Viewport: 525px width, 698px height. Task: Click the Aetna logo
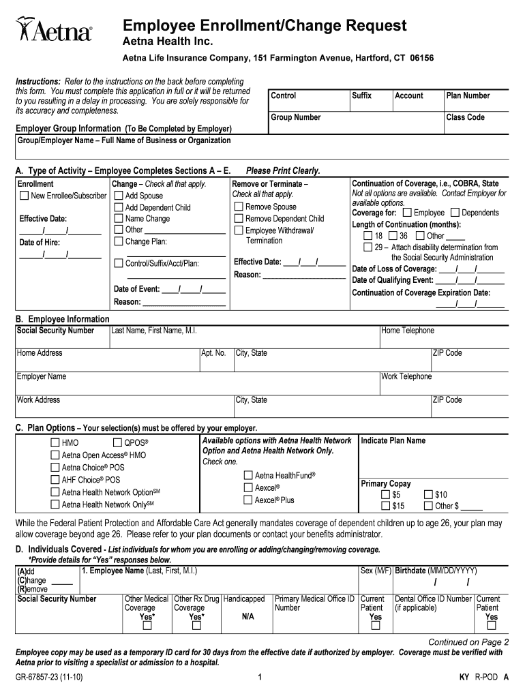[53, 31]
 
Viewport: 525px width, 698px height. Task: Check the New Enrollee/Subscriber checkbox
[24, 196]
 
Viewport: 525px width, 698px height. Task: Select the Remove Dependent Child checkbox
[239, 219]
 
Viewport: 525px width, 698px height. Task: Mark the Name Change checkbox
[119, 219]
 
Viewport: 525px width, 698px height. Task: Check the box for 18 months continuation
[368, 236]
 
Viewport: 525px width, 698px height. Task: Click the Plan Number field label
[468, 96]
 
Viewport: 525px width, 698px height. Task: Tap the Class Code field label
[465, 117]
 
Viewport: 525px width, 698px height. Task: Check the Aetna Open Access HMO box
[55, 455]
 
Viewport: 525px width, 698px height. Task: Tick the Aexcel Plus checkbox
[249, 500]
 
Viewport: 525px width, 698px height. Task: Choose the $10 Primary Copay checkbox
[428, 495]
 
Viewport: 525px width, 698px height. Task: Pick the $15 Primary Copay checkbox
[386, 506]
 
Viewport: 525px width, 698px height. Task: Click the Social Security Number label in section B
[56, 331]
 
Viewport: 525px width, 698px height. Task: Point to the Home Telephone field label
[407, 331]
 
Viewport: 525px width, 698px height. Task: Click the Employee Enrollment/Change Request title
[265, 26]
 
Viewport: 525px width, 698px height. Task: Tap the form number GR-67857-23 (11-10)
[50, 678]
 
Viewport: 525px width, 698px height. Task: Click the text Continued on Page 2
[468, 642]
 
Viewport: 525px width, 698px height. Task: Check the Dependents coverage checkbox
[455, 213]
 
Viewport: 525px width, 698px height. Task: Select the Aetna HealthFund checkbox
[249, 475]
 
